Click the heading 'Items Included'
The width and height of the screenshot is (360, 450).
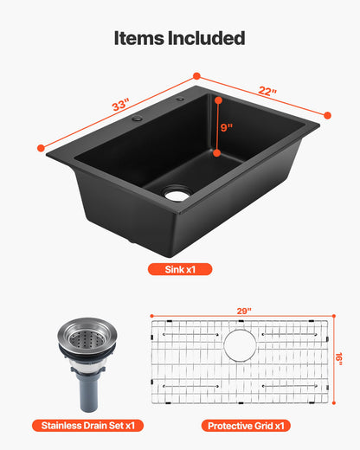point(180,38)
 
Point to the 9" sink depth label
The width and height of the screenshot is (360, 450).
point(225,126)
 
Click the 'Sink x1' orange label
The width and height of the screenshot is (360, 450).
point(179,269)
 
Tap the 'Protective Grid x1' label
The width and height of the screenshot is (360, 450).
point(247,426)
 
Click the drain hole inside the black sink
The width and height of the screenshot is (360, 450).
point(177,196)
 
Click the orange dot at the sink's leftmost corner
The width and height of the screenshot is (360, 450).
point(40,148)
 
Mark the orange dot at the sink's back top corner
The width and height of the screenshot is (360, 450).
point(196,76)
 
